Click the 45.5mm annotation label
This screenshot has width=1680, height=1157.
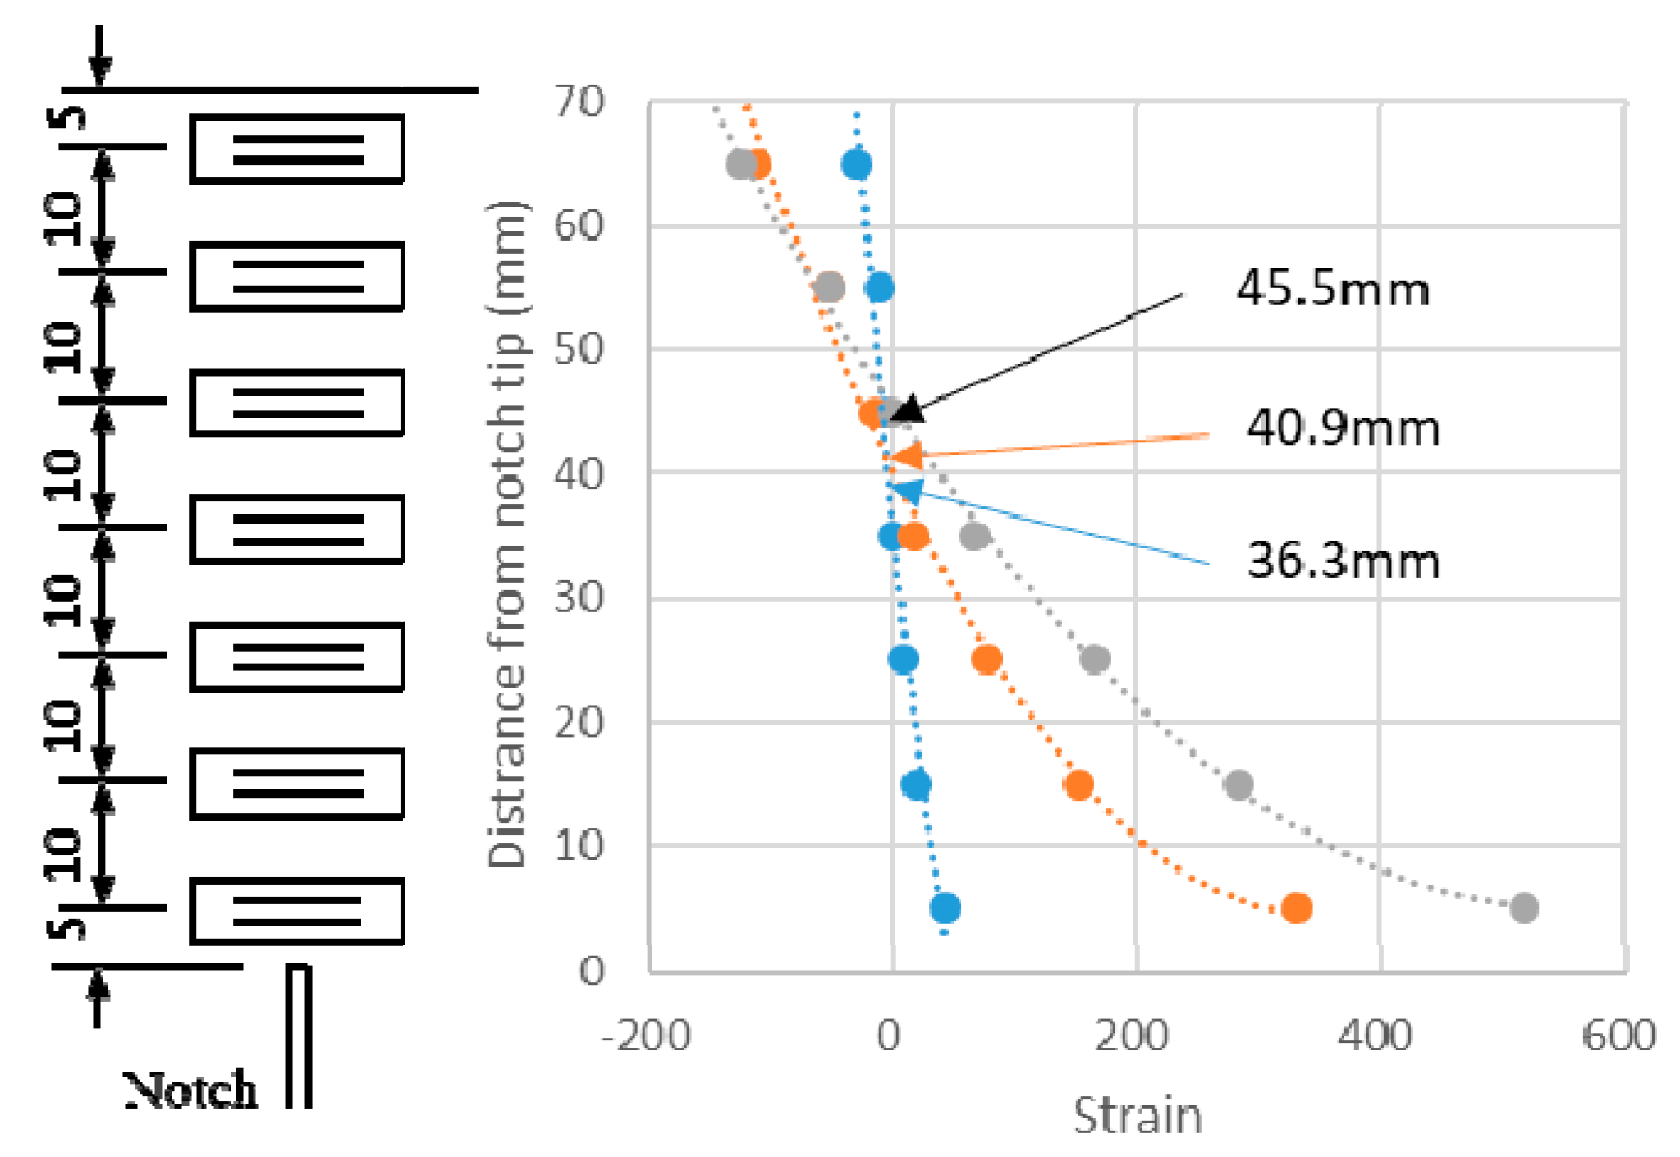tap(1333, 289)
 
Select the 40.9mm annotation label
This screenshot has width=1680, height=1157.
tap(1343, 428)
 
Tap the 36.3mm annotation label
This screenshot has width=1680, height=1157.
tap(1343, 560)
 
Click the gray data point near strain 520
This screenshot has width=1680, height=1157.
tap(1523, 908)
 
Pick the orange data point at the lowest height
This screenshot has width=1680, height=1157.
tap(1297, 908)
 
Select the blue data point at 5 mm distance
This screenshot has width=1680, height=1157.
tap(945, 908)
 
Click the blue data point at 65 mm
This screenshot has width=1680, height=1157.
tap(856, 165)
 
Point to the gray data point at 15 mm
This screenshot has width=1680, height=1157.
tap(1238, 785)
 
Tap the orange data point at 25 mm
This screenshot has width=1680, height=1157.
tap(986, 659)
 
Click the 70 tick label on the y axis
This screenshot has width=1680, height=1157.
tap(579, 102)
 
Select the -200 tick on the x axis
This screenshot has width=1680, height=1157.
tap(646, 1036)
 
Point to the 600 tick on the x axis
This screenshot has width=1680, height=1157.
tap(1618, 1036)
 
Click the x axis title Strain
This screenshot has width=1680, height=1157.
tap(1138, 1117)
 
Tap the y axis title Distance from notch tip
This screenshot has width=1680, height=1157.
tap(506, 533)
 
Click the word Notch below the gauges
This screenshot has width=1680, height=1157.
tap(190, 1091)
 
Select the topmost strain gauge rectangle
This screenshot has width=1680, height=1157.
tap(297, 149)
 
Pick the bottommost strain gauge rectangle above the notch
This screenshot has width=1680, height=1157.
tap(297, 912)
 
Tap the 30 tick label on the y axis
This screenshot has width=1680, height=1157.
tap(579, 597)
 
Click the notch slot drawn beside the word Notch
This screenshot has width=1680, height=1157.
tap(299, 1036)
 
